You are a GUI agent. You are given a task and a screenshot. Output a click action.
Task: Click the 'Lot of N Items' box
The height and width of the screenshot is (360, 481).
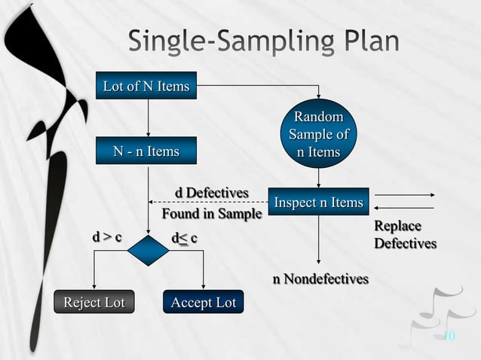pos(146,87)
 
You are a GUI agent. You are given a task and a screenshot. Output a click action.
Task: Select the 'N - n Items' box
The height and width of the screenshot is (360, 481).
pos(146,151)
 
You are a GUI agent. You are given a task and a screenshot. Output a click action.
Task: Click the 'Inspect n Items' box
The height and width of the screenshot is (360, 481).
pos(318,203)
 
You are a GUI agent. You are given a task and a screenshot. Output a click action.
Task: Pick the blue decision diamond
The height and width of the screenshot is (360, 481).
pos(149,251)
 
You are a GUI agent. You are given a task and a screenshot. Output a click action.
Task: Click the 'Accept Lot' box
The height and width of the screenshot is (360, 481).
pos(203,303)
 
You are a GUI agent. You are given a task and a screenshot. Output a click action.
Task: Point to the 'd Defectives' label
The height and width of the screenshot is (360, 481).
pos(212,193)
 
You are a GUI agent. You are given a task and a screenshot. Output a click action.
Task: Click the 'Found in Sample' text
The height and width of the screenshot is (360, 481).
pos(212,214)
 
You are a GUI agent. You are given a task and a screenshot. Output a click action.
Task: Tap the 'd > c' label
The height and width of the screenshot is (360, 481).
pos(107,238)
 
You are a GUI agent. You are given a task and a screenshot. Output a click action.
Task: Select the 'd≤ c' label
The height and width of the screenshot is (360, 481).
pos(185,238)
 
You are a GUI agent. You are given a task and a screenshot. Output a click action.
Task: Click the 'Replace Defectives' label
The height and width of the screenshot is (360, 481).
pos(405,235)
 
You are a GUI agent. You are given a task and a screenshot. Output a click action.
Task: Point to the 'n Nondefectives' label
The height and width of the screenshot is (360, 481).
pos(320,279)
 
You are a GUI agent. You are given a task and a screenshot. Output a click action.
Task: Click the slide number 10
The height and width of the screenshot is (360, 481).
pos(449,336)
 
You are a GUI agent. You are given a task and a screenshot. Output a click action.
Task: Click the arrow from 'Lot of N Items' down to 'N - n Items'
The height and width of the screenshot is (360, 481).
pos(149,118)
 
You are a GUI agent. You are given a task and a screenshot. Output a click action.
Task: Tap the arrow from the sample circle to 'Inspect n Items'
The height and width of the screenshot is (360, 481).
pos(318,177)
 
